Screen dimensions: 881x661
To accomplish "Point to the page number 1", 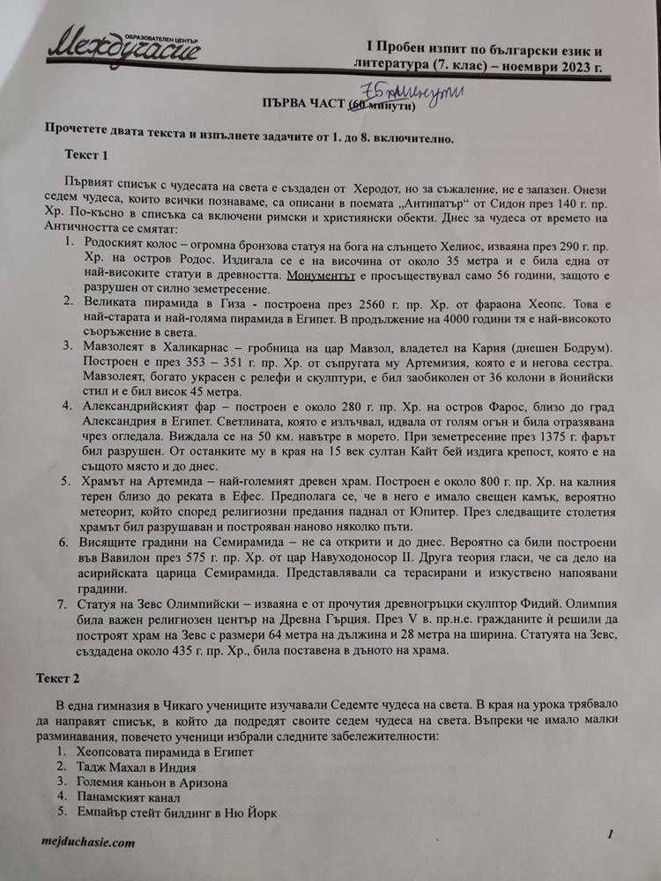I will [610, 833].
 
